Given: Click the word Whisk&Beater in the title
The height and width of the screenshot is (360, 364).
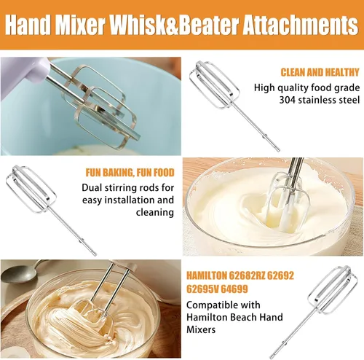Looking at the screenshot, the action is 175,25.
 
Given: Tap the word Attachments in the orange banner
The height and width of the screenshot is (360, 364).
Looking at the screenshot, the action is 301,25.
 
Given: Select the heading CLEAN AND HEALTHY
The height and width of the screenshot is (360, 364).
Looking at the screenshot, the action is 320,72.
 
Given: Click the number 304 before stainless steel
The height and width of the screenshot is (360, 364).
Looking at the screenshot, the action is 288,100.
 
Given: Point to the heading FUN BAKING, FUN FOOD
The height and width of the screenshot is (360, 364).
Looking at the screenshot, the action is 130,173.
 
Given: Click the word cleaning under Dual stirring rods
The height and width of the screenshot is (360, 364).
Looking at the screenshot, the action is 155,212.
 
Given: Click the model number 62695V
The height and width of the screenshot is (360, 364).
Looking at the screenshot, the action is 202,289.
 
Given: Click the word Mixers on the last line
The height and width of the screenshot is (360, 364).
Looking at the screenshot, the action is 201,329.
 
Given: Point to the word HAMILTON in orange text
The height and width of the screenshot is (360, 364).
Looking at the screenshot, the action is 206,275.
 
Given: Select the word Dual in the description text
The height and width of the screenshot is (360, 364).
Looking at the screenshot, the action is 92,188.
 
